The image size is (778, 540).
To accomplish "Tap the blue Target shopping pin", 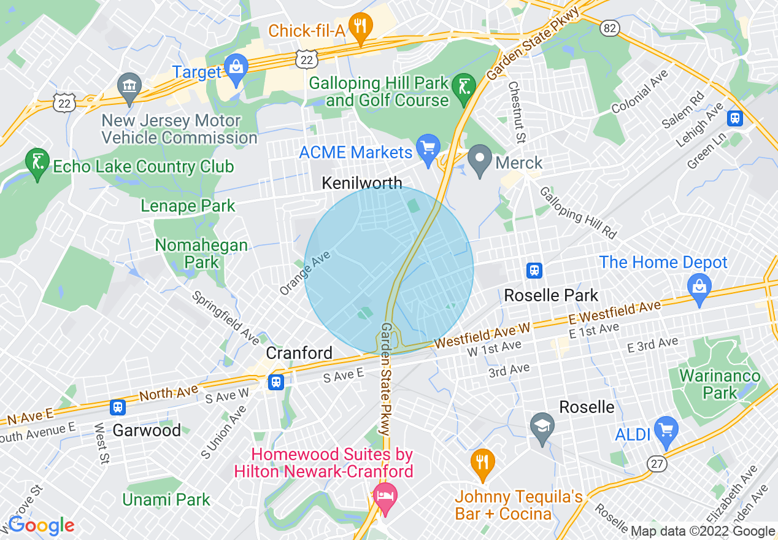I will coord(235,67).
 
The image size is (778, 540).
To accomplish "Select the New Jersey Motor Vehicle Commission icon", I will coord(129,87).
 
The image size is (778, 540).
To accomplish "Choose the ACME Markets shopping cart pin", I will coord(428,148).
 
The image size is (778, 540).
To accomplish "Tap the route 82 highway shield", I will coord(610,28).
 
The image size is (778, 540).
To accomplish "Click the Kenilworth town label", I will coord(362,183).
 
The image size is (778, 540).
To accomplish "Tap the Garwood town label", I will coord(147,430).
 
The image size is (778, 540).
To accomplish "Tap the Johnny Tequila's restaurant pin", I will coord(483,463).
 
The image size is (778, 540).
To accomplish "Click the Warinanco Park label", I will coord(719,384).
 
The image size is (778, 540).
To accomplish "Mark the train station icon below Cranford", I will coord(276,382).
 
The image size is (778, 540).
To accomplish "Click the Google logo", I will coord(41,525).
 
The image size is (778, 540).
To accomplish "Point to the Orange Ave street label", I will coord(305,272).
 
